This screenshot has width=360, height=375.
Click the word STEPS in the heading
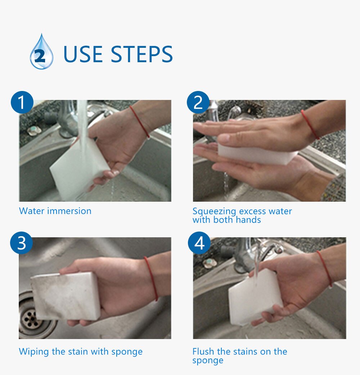click(x=141, y=54)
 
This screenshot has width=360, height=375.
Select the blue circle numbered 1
click(x=22, y=102)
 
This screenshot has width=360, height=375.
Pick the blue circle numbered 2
click(x=198, y=102)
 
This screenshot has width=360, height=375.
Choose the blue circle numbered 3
click(x=22, y=243)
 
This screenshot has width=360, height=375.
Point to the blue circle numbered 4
click(x=199, y=243)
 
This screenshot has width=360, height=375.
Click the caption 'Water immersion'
click(x=55, y=211)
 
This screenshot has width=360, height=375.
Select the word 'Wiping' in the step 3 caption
click(x=34, y=352)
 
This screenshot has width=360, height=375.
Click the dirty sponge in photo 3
click(x=65, y=296)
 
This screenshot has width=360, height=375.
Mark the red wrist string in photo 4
click(x=325, y=268)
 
